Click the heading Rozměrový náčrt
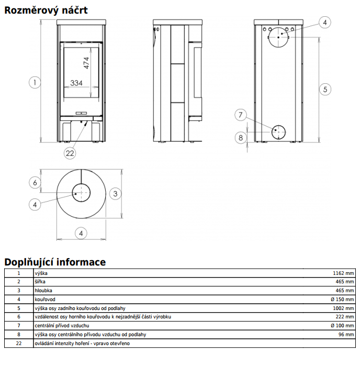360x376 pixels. [x=46, y=10]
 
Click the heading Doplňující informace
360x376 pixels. [x=55, y=262]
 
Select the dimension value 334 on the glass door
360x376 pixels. [x=77, y=83]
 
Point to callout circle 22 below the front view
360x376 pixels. [x=70, y=153]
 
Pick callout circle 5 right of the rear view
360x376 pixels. [x=325, y=89]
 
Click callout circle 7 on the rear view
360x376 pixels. [x=241, y=115]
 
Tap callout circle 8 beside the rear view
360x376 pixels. [x=241, y=138]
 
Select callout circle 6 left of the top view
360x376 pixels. [x=35, y=182]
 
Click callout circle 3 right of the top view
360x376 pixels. [x=116, y=193]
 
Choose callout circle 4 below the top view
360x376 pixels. [x=81, y=233]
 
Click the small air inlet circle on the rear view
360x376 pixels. [x=278, y=131]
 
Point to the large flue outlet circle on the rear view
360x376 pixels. [x=281, y=36]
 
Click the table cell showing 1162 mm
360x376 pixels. [x=343, y=273]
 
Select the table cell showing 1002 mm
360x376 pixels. [x=343, y=308]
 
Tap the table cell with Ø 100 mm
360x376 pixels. [x=342, y=325]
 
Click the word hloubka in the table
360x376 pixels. [x=43, y=290]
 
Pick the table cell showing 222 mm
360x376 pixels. [x=345, y=317]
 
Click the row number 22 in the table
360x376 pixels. [x=19, y=343]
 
